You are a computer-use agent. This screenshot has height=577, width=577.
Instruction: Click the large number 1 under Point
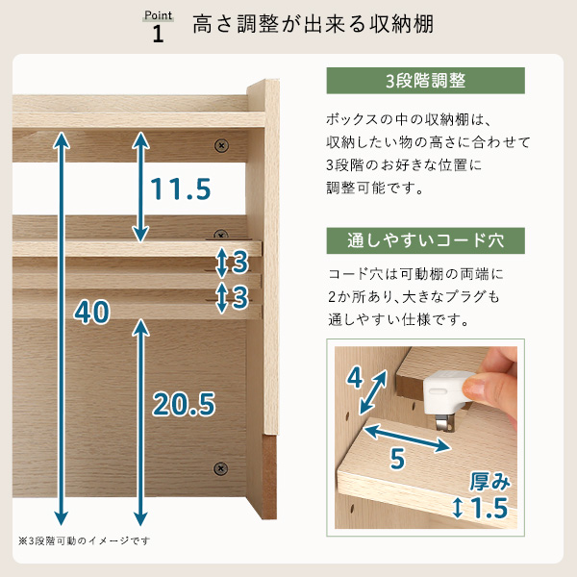159,34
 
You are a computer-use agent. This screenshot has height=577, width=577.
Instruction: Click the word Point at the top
159,15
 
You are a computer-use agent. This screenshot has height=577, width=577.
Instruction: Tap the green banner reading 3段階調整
425,81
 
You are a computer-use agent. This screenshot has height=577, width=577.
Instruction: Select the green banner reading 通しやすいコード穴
425,240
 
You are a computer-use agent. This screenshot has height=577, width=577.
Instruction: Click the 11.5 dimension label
181,189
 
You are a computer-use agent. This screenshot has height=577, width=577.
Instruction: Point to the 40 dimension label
91,312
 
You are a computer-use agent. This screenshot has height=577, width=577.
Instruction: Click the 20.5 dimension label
184,404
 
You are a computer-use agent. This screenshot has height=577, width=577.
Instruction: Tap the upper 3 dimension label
240,263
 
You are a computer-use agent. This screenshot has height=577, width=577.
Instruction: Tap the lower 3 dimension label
240,297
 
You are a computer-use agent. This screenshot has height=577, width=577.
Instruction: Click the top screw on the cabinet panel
221,146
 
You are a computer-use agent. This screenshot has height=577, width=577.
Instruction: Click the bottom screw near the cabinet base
220,468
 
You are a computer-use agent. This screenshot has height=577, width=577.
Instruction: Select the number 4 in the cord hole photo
355,378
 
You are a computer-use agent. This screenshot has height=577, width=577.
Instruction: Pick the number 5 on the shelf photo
397,459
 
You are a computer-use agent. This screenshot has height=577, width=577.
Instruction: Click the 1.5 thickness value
489,508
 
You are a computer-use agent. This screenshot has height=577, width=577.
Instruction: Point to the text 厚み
490,482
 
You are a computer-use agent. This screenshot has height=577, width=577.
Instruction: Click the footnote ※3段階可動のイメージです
85,540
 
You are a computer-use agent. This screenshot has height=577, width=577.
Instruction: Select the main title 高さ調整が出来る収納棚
313,24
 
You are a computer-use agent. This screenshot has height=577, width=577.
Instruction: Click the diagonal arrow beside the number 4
373,392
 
